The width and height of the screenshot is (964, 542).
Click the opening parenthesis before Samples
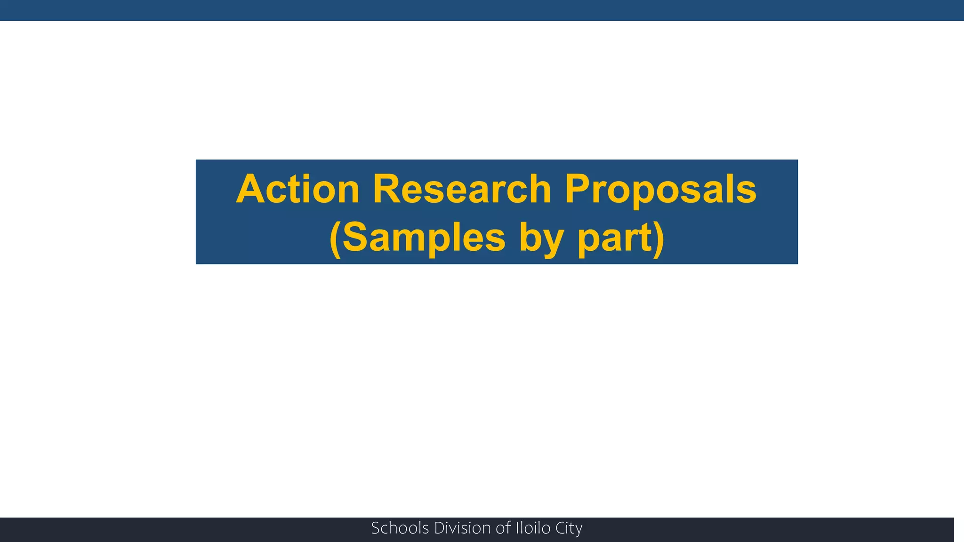[x=335, y=239]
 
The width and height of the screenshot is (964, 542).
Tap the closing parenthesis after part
[x=658, y=239]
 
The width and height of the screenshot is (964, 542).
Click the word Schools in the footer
[x=400, y=528]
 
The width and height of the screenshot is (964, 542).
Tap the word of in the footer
[x=503, y=528]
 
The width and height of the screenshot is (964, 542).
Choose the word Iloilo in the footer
[x=533, y=528]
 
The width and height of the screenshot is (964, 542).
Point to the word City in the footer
[x=569, y=528]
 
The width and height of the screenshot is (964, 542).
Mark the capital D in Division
[x=439, y=528]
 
